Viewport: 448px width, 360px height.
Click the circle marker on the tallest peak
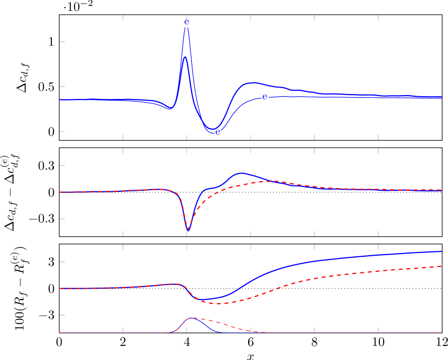pyautogui.click(x=186, y=24)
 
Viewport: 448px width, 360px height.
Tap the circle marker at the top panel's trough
pyautogui.click(x=218, y=132)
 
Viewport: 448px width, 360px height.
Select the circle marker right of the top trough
pyautogui.click(x=265, y=97)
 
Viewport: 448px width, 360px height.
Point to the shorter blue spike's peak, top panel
pyautogui.click(x=185, y=57)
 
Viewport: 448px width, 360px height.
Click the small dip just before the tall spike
pyautogui.click(x=170, y=109)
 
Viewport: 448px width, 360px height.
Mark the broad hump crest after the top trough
pyautogui.click(x=251, y=83)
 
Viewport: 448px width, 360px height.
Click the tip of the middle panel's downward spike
pyautogui.click(x=188, y=230)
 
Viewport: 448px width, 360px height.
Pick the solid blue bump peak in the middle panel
pyautogui.click(x=240, y=173)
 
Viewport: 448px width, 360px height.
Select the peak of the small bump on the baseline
pyautogui.click(x=192, y=318)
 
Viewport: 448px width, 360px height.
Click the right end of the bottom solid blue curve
pyautogui.click(x=442, y=251)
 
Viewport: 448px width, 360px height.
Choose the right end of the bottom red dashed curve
pyautogui.click(x=442, y=266)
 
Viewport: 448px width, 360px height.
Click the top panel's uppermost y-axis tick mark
pyautogui.click(x=62, y=42)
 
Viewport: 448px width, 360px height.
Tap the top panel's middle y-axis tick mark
pyautogui.click(x=62, y=86)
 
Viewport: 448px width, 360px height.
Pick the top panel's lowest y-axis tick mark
pyautogui.click(x=62, y=131)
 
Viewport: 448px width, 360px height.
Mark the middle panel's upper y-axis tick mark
pyautogui.click(x=62, y=165)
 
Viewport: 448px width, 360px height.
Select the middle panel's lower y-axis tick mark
pyautogui.click(x=62, y=219)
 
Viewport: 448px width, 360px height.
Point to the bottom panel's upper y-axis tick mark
pyautogui.click(x=62, y=262)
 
